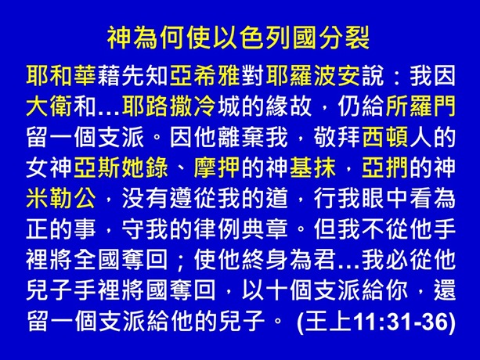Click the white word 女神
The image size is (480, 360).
47,167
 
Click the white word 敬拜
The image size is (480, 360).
320,136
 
